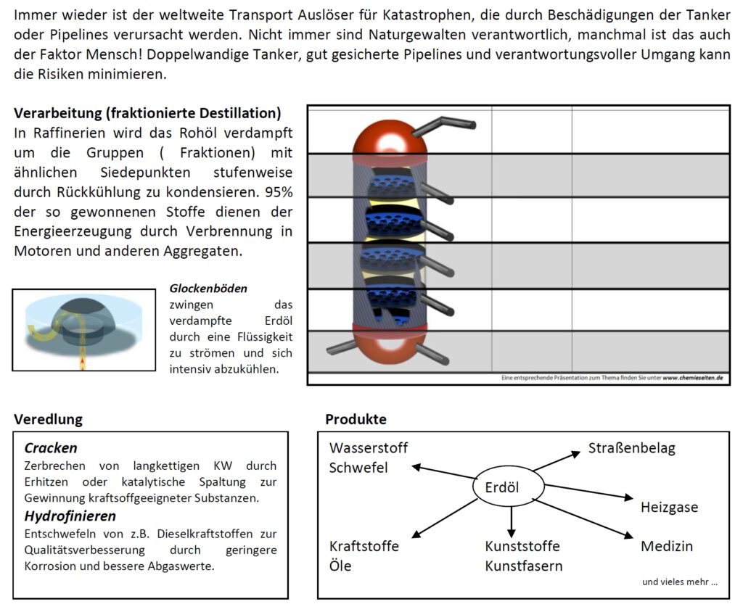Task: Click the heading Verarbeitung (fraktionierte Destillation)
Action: tap(147, 114)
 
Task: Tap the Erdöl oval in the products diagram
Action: tap(502, 487)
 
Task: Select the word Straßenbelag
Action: tap(631, 447)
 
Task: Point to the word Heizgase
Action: tap(669, 507)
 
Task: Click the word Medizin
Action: tap(666, 546)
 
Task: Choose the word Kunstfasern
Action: tap(523, 566)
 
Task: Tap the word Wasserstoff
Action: tap(368, 447)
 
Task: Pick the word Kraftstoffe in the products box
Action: tap(364, 546)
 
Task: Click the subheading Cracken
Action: tap(51, 448)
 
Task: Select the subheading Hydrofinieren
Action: tap(70, 516)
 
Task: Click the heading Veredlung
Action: tap(48, 419)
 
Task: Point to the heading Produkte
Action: tap(356, 419)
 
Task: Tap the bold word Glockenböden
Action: tap(208, 289)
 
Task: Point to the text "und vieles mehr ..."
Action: tap(679, 582)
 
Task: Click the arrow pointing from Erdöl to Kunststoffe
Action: tap(512, 520)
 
